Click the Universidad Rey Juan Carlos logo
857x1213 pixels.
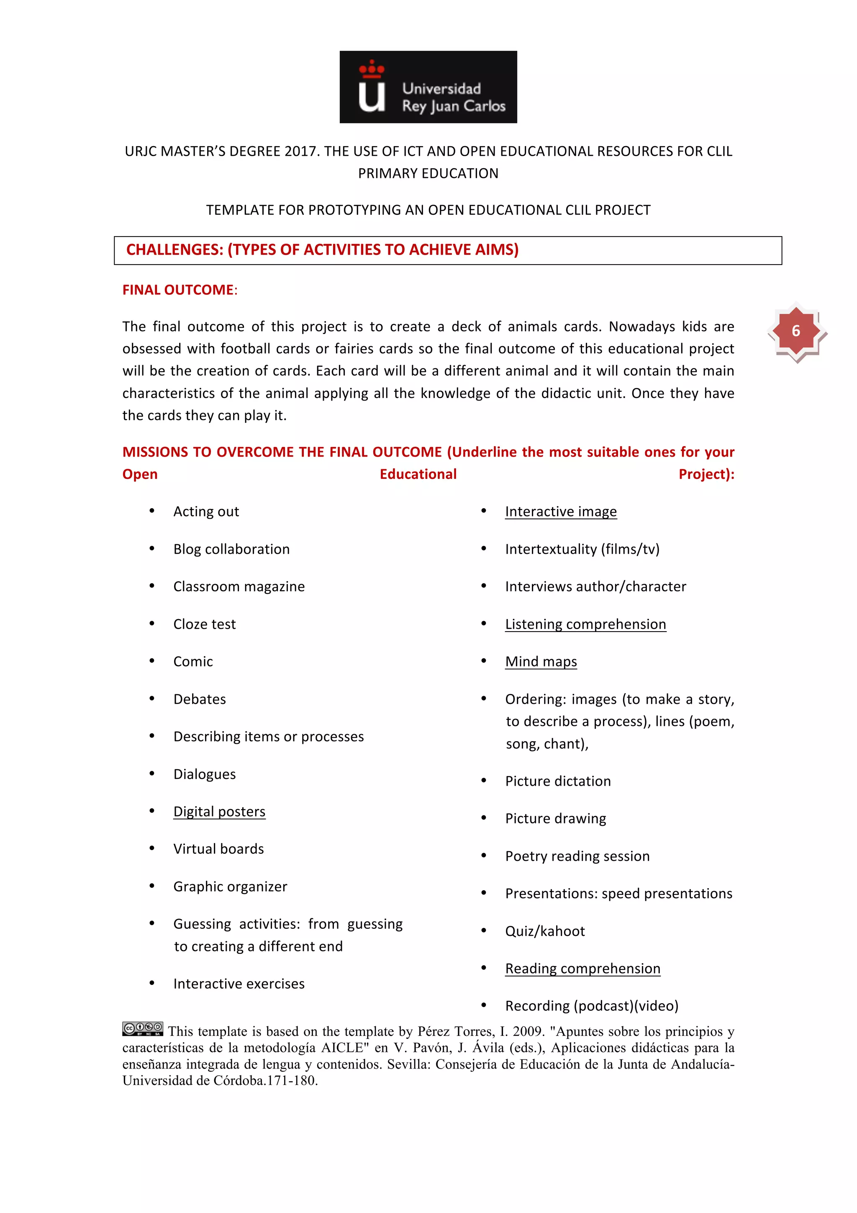[x=428, y=87]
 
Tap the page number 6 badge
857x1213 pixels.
[x=796, y=331]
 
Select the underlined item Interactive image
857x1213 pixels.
[x=560, y=511]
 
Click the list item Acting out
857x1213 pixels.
[x=206, y=511]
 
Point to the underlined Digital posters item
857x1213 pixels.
[x=219, y=812]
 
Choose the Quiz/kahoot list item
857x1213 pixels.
[x=544, y=931]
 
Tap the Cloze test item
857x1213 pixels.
[x=204, y=624]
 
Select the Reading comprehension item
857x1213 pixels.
[x=582, y=969]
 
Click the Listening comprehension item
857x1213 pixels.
[x=585, y=624]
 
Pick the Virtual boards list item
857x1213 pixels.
[x=218, y=849]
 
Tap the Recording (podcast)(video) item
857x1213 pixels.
[x=591, y=1006]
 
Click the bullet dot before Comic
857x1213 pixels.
[x=152, y=661]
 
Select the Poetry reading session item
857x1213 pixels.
[x=577, y=856]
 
